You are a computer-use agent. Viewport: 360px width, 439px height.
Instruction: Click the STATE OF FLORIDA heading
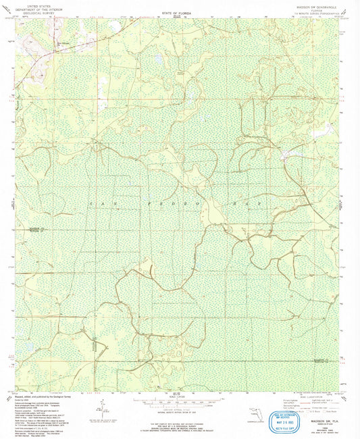point(177,13)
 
